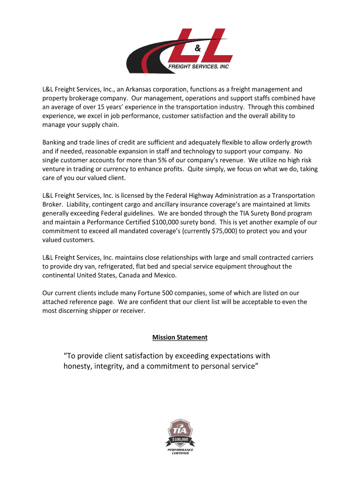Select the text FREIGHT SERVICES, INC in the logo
tap(198, 67)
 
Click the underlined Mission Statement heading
tap(180, 337)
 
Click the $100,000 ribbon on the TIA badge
tap(180, 439)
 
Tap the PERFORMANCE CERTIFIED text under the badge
tap(180, 452)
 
